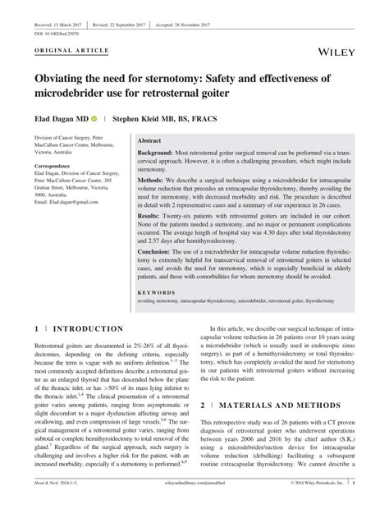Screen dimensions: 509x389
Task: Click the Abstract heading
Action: pos(151,141)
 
